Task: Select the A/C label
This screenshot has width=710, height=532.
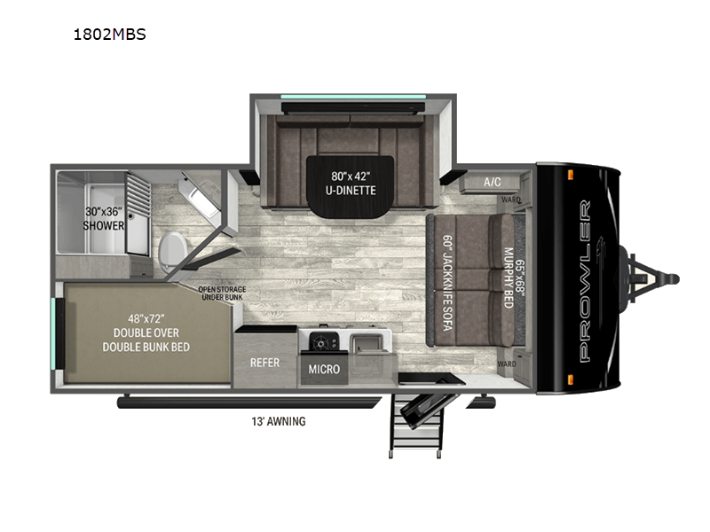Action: (x=492, y=182)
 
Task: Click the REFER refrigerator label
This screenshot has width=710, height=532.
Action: (x=265, y=362)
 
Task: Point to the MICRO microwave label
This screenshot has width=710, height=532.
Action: (x=323, y=369)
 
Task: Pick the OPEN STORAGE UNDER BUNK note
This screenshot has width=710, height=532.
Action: (x=221, y=293)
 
